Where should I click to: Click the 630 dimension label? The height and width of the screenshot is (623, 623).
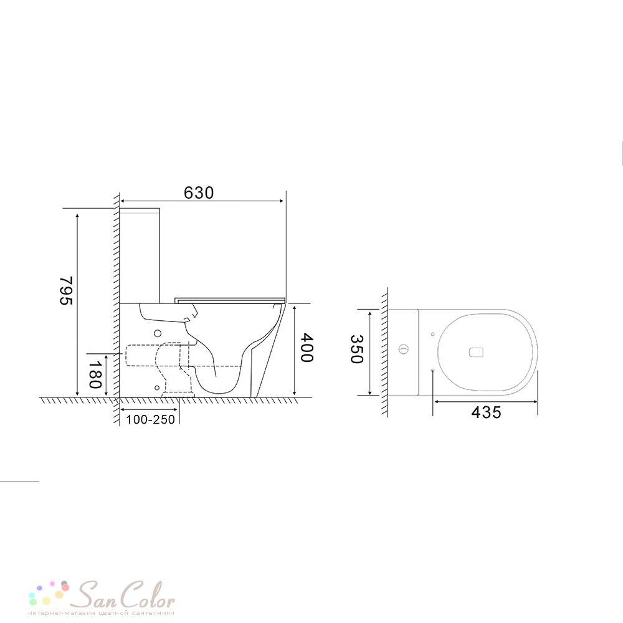[199, 193]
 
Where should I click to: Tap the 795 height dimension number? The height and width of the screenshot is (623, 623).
[67, 290]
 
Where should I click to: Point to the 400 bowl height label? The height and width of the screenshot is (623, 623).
[307, 348]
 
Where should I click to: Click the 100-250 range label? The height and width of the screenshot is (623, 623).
[151, 419]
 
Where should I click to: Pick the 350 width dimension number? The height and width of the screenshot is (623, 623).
[356, 350]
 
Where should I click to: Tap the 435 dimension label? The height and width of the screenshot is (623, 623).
[486, 412]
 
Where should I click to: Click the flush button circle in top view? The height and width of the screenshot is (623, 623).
[403, 350]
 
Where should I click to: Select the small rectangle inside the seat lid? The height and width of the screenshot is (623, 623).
[476, 353]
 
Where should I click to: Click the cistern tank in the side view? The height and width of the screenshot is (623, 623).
[140, 255]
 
